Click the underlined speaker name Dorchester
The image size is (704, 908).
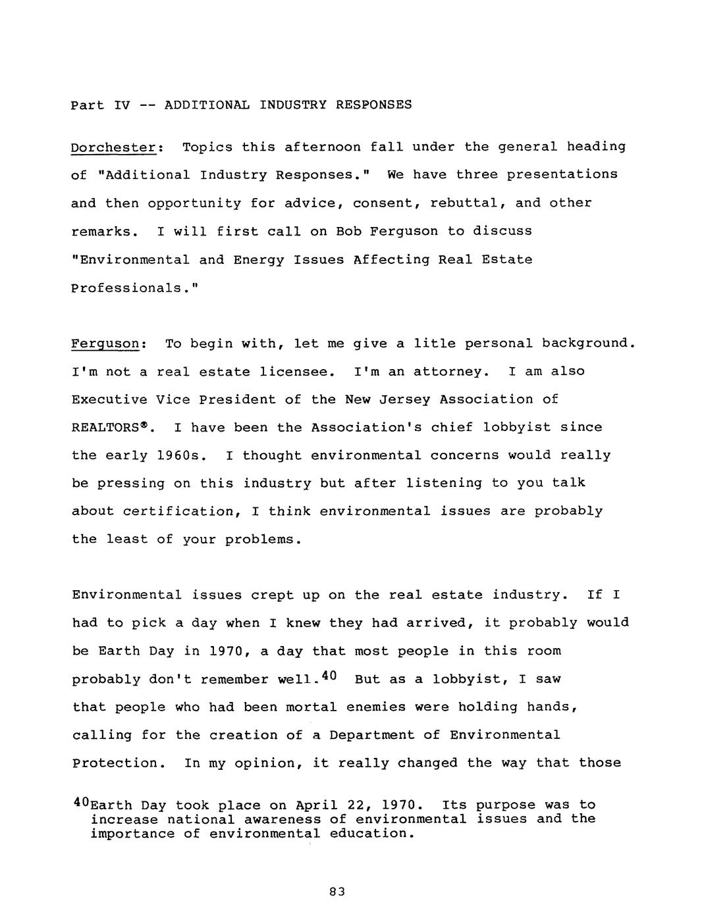[113, 147]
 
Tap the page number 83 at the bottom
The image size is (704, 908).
[337, 892]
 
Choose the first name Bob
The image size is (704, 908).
[348, 232]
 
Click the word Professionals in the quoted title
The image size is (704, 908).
[124, 288]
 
